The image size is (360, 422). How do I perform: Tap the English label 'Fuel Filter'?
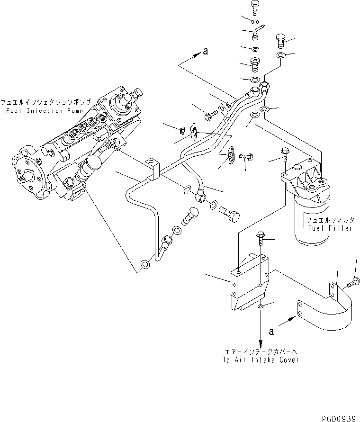click(x=330, y=228)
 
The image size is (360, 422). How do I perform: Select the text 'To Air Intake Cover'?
click(x=261, y=360)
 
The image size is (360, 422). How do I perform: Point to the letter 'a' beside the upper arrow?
click(x=205, y=52)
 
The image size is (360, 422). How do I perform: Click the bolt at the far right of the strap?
click(x=353, y=283)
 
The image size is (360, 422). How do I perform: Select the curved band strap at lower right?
click(x=327, y=313)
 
